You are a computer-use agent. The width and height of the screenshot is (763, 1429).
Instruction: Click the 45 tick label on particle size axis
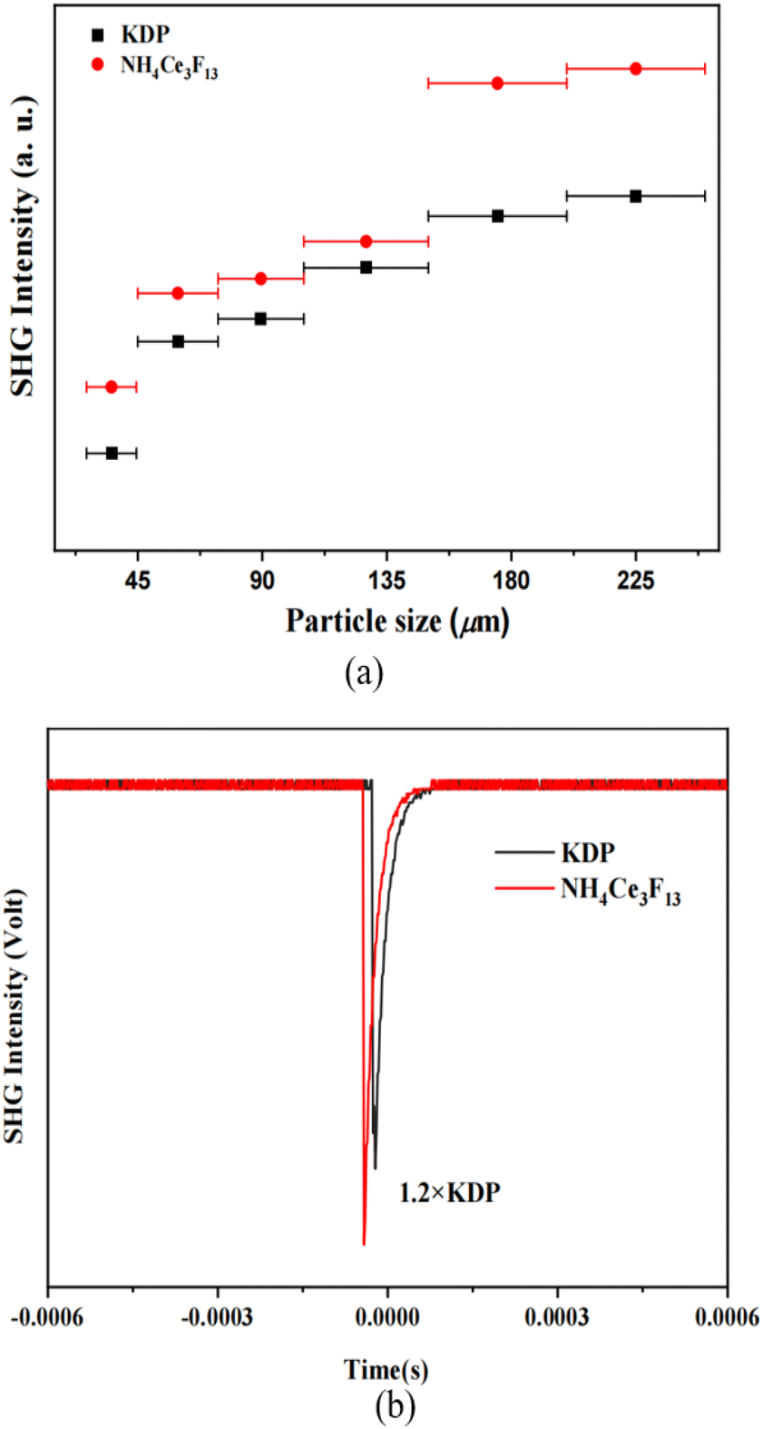(137, 580)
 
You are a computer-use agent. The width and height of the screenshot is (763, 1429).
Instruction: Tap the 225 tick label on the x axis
(635, 580)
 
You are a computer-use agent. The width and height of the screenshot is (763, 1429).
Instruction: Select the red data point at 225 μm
(635, 69)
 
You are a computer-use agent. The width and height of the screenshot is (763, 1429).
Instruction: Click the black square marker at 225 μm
(635, 196)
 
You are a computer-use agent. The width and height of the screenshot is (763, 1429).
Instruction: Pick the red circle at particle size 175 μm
(497, 83)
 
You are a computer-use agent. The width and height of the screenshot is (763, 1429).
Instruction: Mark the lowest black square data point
(112, 453)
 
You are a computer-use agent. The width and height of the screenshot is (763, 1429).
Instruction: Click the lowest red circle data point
(112, 387)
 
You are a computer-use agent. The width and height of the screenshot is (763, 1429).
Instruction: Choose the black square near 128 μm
(366, 268)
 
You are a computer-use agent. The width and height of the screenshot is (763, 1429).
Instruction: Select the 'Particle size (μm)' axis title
(397, 622)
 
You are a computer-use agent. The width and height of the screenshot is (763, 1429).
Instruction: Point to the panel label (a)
(365, 673)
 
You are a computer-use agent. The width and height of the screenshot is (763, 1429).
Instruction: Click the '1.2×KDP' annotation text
(449, 1192)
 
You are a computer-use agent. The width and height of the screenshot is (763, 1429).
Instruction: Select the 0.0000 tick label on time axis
(387, 1317)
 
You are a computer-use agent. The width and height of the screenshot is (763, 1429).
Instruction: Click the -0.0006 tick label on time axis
(47, 1317)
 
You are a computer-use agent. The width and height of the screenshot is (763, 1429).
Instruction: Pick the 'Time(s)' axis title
(386, 1369)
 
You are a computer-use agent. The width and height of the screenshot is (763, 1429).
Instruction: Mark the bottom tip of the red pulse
(364, 1243)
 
